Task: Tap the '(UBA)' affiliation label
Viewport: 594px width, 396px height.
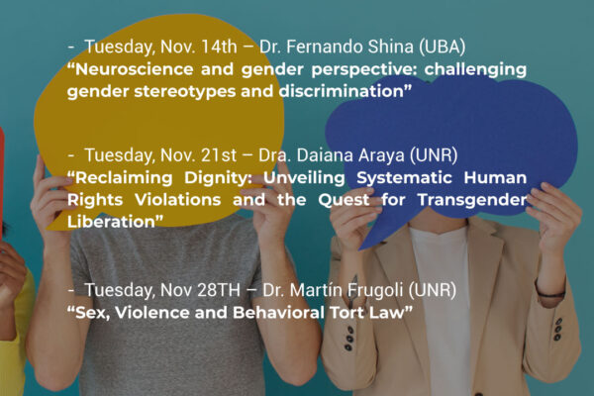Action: (x=443, y=47)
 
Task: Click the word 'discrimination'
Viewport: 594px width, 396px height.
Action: (x=342, y=91)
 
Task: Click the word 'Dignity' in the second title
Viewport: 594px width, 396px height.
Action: (x=218, y=178)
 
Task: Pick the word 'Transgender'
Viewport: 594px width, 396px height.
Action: (x=472, y=200)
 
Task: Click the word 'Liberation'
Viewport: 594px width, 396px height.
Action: (x=111, y=222)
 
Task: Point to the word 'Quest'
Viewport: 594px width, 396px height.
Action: (x=344, y=200)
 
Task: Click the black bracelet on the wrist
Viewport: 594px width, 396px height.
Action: (x=550, y=294)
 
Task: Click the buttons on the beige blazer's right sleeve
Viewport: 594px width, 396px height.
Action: (x=557, y=330)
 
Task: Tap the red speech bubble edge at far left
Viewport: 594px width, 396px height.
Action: (x=2, y=182)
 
